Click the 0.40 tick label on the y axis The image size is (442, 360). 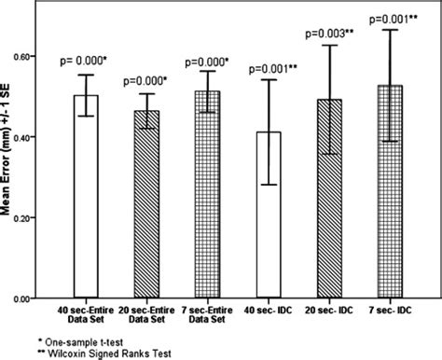click(x=36, y=138)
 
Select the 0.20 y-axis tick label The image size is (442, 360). click(x=36, y=218)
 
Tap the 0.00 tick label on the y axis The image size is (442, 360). click(x=36, y=298)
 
